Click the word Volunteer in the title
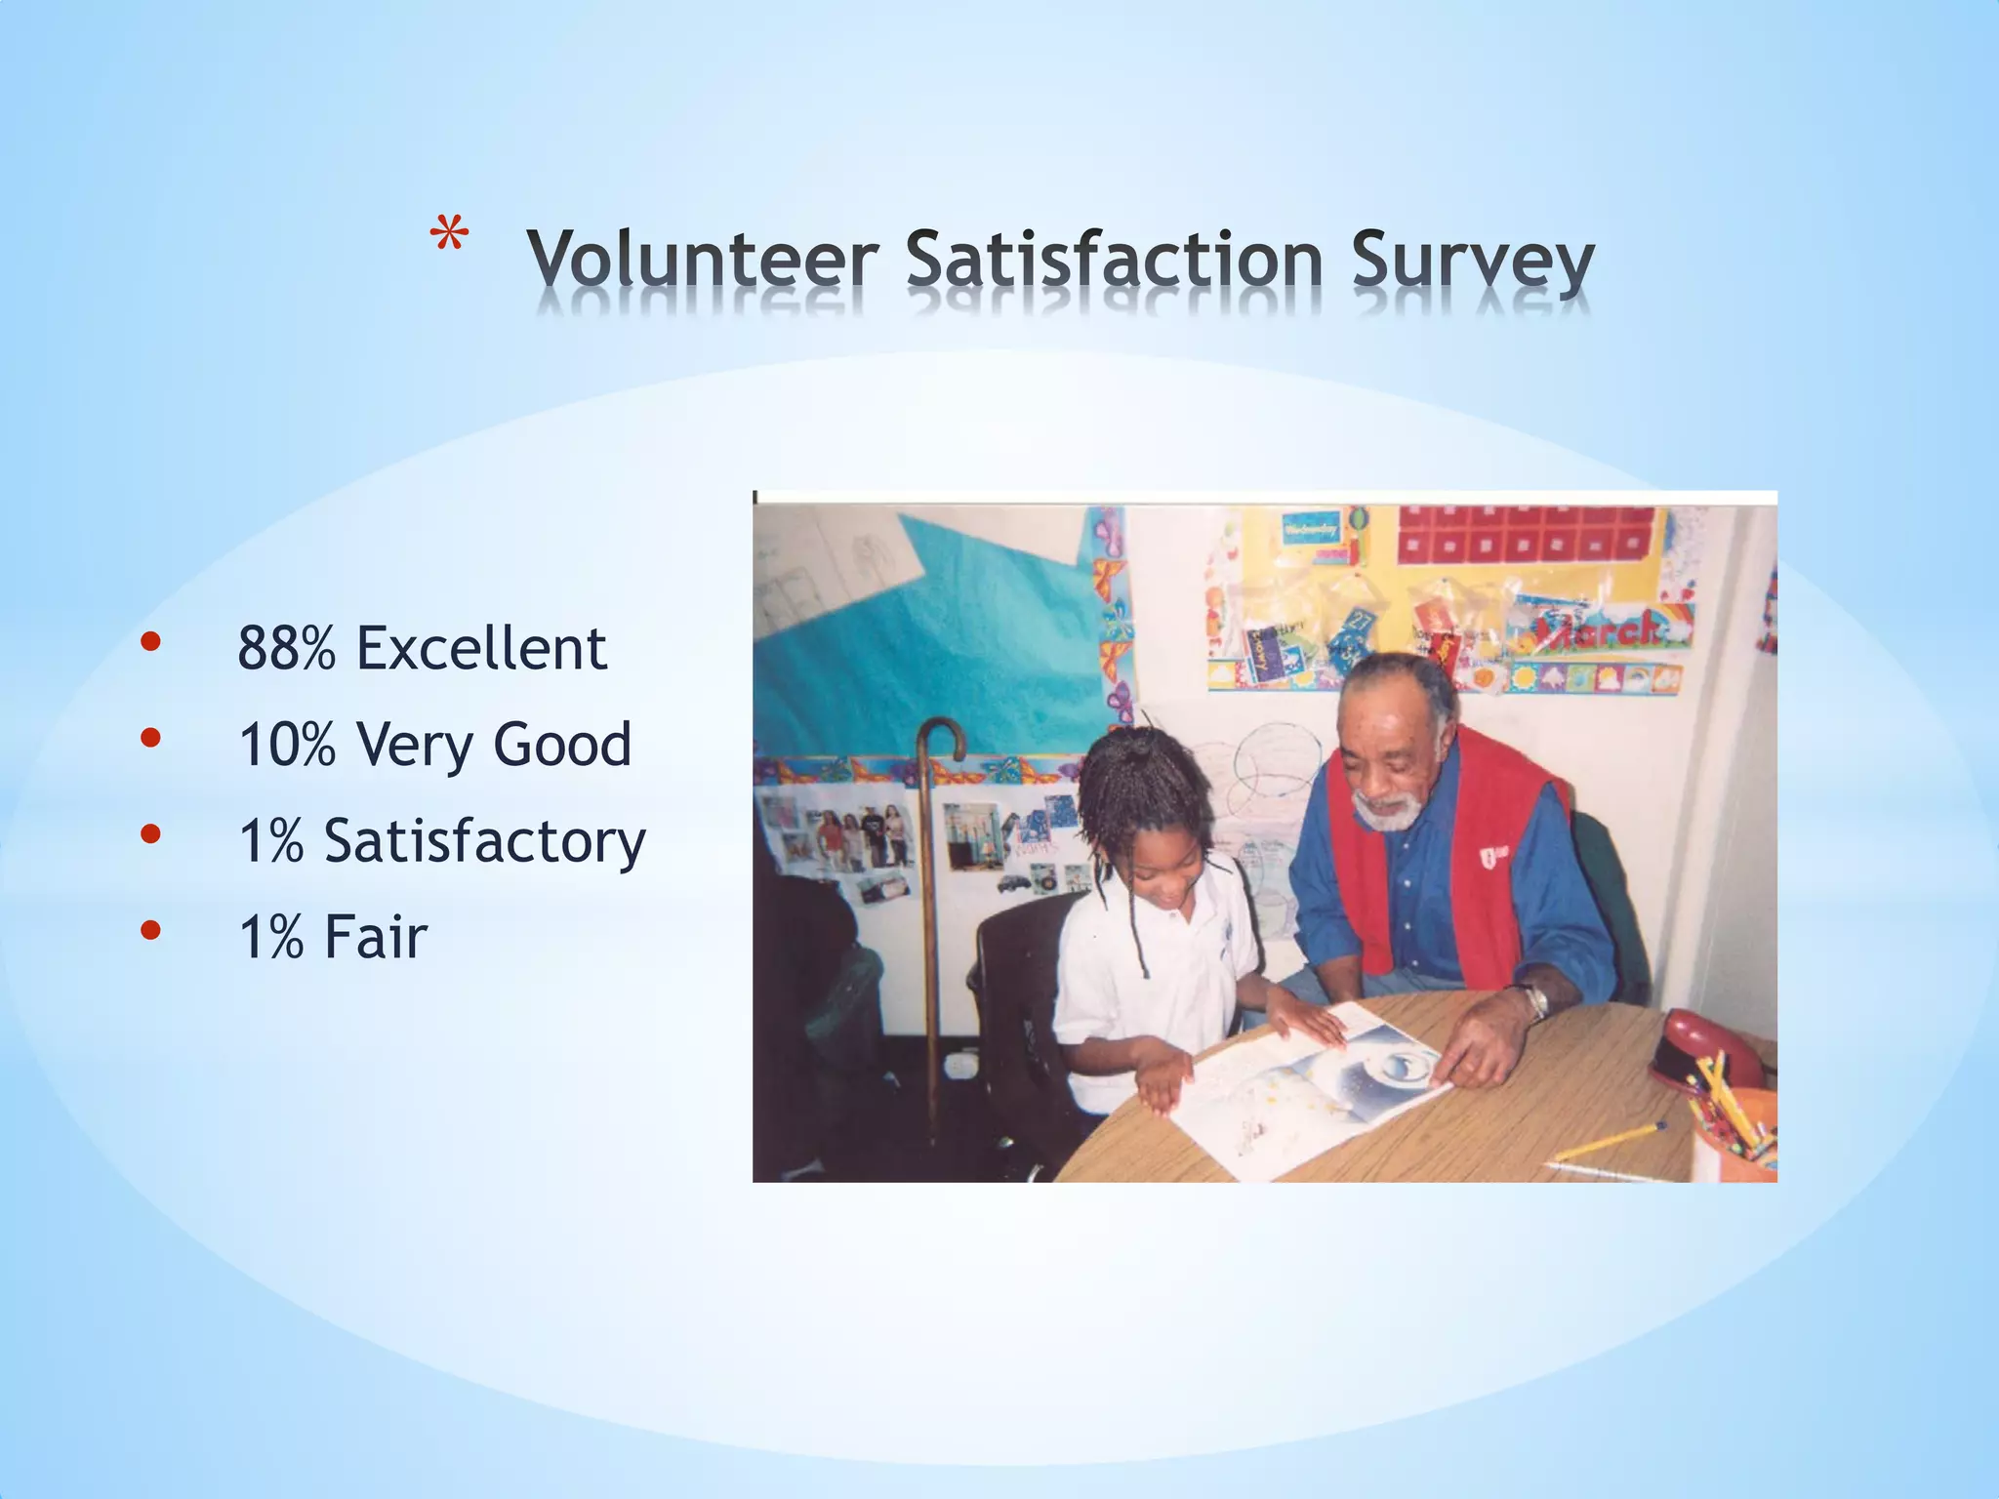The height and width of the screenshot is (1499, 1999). tap(702, 260)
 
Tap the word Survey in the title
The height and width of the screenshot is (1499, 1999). tap(1472, 262)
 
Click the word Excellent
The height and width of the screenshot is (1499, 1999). tap(481, 648)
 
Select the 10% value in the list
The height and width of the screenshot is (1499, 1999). tap(286, 745)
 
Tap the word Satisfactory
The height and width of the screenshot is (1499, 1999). tap(484, 841)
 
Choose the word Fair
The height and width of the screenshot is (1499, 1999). tap(376, 937)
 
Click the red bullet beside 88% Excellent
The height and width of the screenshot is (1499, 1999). tap(149, 642)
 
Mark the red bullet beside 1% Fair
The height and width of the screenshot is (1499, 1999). tap(149, 930)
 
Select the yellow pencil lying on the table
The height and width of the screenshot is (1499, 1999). tap(1611, 1142)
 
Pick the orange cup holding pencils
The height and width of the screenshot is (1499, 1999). tap(1737, 1132)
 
